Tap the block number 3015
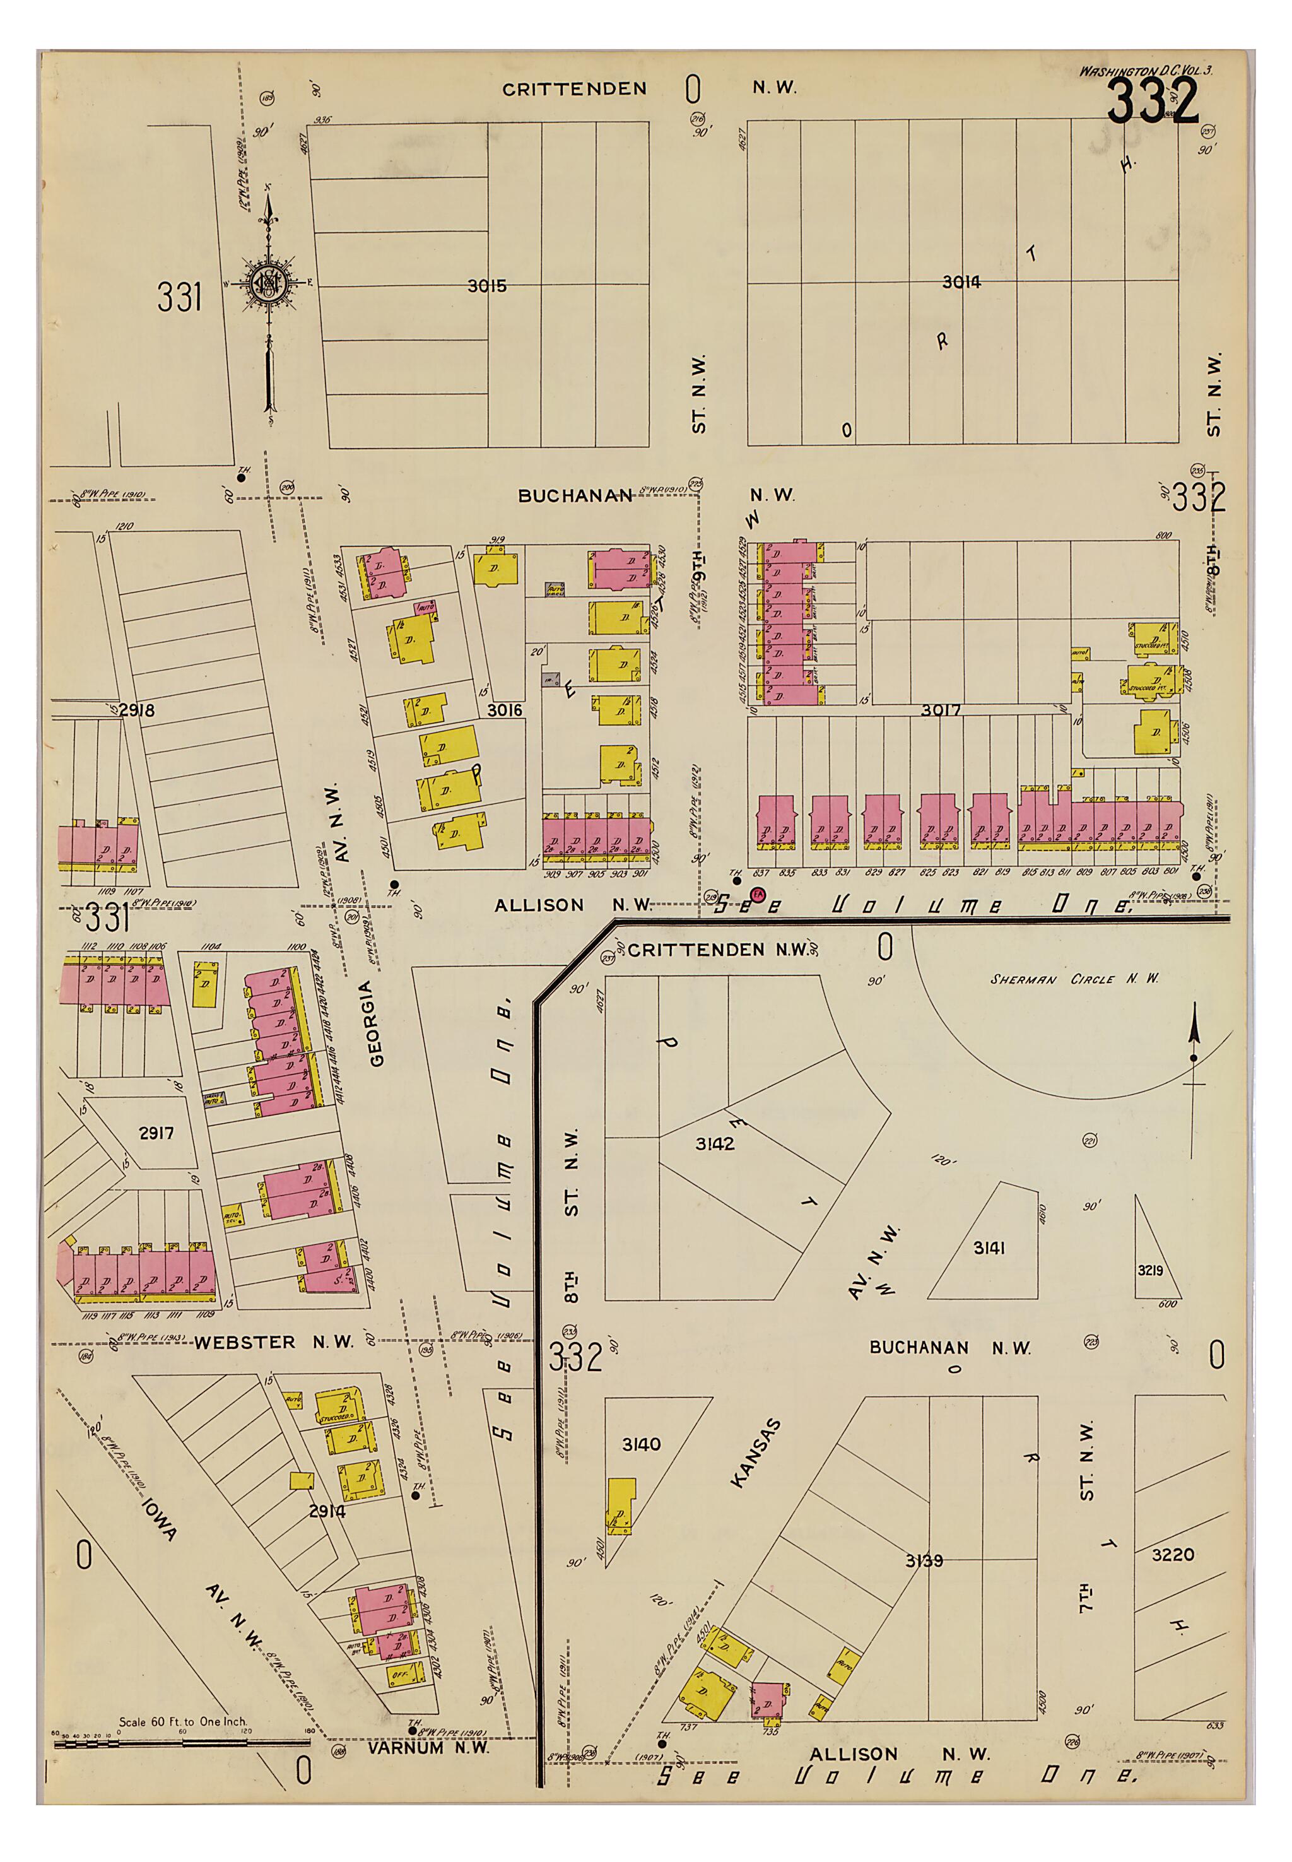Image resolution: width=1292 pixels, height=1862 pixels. (x=486, y=286)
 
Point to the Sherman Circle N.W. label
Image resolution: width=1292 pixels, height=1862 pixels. (x=1074, y=979)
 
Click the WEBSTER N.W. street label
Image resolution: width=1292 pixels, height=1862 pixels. (x=274, y=1342)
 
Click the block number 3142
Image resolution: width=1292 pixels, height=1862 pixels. (x=715, y=1143)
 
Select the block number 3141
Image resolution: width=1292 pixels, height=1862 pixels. (x=989, y=1247)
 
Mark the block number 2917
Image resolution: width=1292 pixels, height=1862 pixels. (x=156, y=1133)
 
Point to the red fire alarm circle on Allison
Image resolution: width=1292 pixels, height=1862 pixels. (x=758, y=895)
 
